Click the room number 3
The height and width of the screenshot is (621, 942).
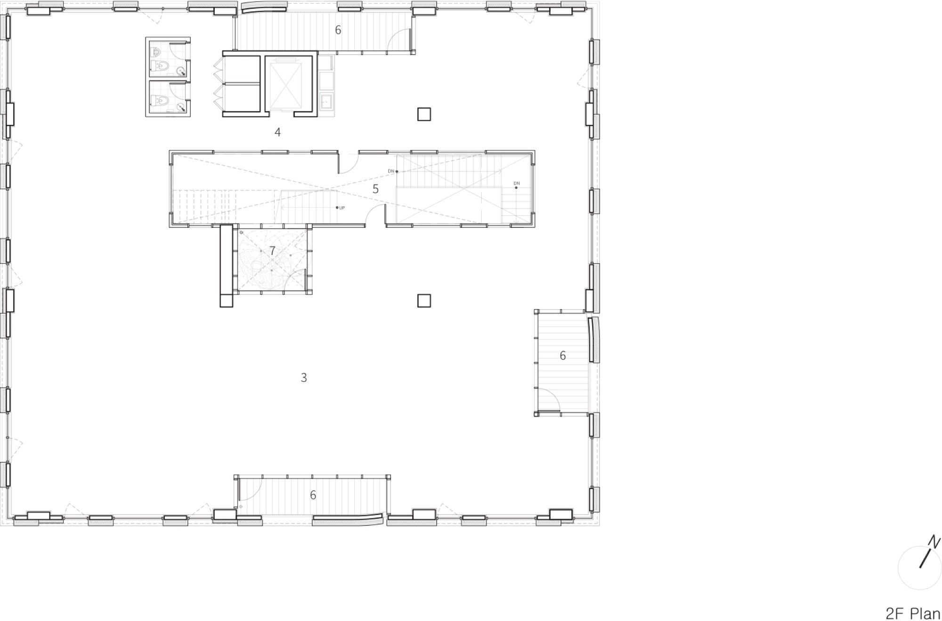tap(304, 378)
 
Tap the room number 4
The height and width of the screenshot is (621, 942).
tap(278, 132)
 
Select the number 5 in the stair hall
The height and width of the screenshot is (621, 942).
tap(375, 189)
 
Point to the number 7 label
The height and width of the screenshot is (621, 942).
tap(272, 251)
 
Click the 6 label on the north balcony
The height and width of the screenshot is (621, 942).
tap(338, 30)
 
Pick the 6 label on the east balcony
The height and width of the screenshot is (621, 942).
tap(562, 356)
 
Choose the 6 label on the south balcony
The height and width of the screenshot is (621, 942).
tap(313, 495)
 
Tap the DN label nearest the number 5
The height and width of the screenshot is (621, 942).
tap(391, 171)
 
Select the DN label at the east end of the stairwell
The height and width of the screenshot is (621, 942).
tap(517, 183)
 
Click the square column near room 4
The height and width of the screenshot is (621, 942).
tap(424, 114)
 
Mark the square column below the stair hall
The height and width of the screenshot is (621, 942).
tap(424, 301)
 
